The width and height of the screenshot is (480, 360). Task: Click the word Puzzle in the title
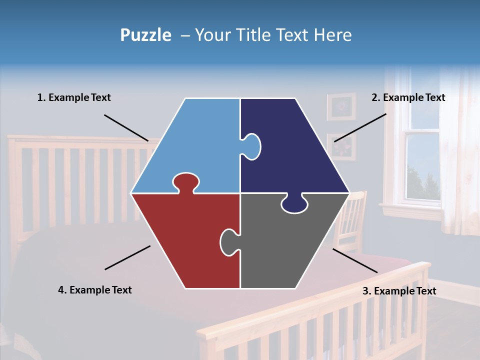coord(145,35)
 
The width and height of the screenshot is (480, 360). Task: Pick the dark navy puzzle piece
coord(295,150)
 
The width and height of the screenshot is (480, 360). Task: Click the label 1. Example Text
coord(74,97)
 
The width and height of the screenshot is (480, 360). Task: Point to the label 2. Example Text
coord(408,97)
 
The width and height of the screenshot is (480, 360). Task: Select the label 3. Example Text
coord(399,291)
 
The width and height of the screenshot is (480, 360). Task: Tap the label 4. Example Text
coord(94,290)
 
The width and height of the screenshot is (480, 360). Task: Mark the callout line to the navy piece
coord(360,127)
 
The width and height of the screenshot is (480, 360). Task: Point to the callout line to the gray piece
coord(355,260)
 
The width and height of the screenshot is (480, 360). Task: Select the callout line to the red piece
coord(127,257)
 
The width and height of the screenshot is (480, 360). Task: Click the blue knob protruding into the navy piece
coord(252,146)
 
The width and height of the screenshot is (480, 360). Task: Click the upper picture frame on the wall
coord(341,106)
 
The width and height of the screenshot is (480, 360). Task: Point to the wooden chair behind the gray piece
coord(352,220)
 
